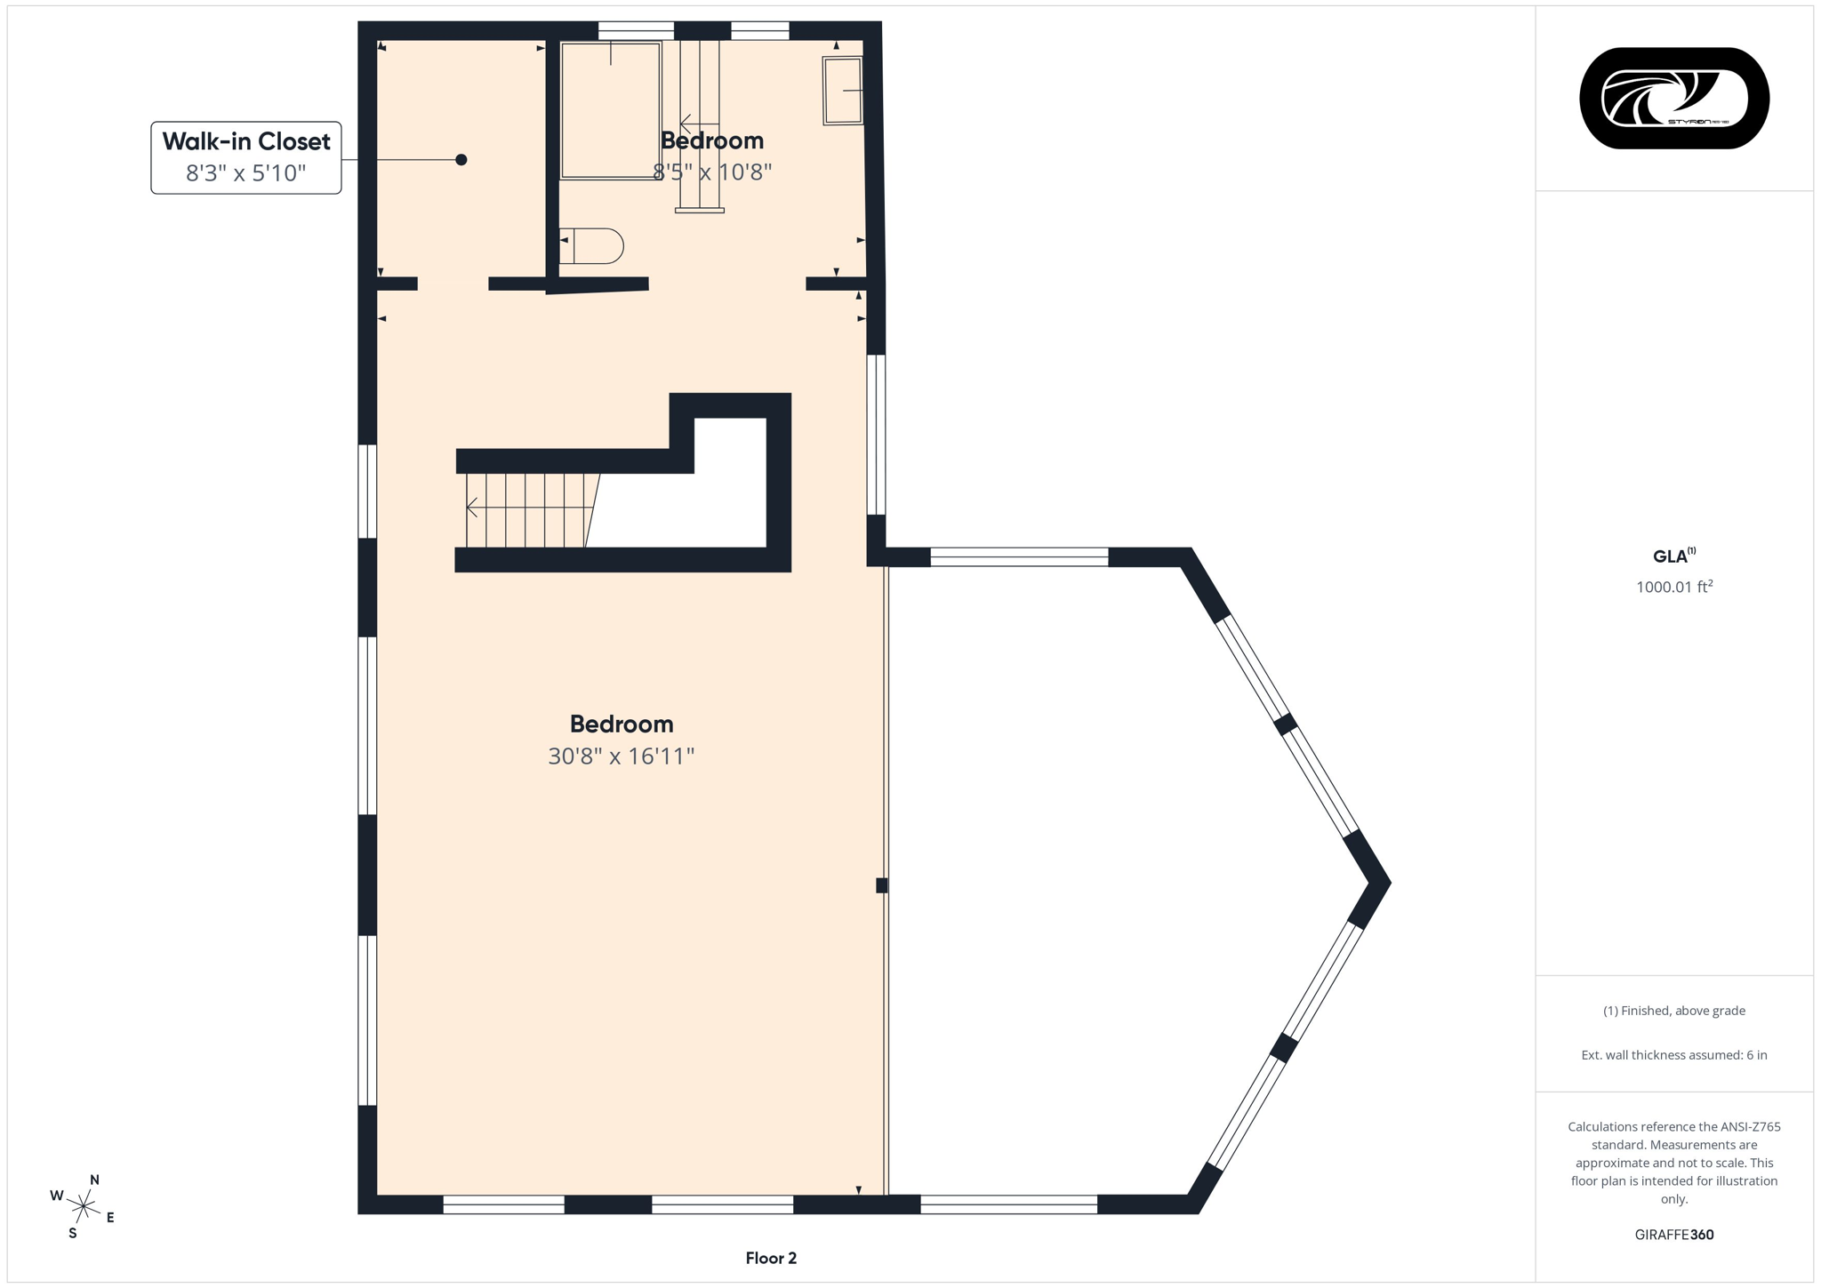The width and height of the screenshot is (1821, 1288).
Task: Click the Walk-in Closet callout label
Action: point(246,141)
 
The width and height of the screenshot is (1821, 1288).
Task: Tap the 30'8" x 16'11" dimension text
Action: point(621,756)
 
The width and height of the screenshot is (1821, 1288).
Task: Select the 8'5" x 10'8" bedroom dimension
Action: point(712,172)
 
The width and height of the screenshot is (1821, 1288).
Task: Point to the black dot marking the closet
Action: point(461,160)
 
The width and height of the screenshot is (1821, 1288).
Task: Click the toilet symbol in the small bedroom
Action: point(593,246)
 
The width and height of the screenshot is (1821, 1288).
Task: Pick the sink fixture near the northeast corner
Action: point(842,91)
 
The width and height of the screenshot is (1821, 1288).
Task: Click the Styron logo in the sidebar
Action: point(1673,98)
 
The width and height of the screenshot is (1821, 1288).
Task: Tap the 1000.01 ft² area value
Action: point(1673,587)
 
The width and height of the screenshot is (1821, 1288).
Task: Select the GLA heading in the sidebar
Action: point(1670,556)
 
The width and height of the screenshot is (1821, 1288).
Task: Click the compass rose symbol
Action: point(83,1206)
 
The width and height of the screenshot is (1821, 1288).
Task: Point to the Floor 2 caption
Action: point(771,1258)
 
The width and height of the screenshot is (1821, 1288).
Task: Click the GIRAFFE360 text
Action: point(1673,1235)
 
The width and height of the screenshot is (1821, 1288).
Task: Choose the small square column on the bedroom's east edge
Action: point(881,885)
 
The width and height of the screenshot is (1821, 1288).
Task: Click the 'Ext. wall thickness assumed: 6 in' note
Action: point(1673,1055)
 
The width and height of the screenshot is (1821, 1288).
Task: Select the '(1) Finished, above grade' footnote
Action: point(1673,1011)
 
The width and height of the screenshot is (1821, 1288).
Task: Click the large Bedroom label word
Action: point(621,724)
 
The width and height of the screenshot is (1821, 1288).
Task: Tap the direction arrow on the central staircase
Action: point(472,508)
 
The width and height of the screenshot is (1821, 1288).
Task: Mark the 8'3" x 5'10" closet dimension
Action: point(245,172)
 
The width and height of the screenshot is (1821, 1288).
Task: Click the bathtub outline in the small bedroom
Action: point(610,111)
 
